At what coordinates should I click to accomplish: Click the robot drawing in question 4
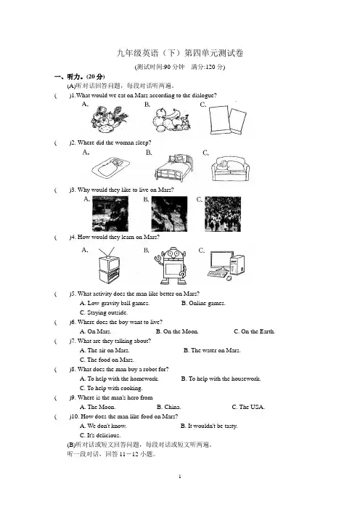click(171, 266)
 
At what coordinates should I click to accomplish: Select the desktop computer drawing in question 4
click(226, 265)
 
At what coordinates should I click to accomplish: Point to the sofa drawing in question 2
click(230, 169)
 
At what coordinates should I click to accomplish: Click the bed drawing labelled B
click(173, 167)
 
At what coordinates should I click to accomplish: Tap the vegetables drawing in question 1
click(109, 119)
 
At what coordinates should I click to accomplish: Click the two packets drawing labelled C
click(227, 119)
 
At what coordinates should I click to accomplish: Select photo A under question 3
click(110, 214)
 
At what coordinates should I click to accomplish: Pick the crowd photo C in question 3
click(223, 214)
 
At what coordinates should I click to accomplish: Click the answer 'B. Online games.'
click(203, 303)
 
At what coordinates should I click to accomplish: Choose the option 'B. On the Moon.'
click(177, 331)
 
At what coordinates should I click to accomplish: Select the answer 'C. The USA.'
click(248, 407)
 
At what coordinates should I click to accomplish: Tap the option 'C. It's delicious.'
click(100, 435)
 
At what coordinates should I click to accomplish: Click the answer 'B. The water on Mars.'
click(212, 350)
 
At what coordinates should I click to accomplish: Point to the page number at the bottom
click(180, 477)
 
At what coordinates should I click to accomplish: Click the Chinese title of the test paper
click(180, 53)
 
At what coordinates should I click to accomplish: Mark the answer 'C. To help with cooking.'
click(111, 388)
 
